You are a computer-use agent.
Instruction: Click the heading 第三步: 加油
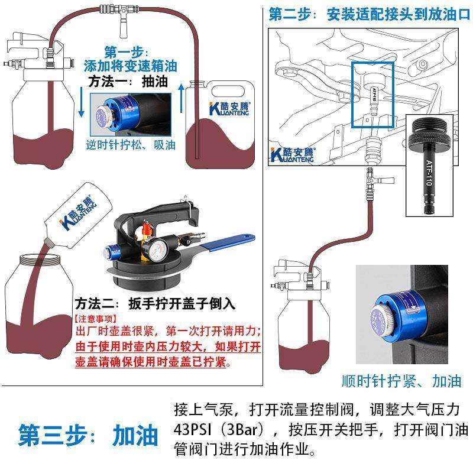coord(89,435)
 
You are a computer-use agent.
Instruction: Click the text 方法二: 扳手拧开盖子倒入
coord(155,304)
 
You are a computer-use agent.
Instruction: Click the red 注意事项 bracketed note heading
coord(94,318)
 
